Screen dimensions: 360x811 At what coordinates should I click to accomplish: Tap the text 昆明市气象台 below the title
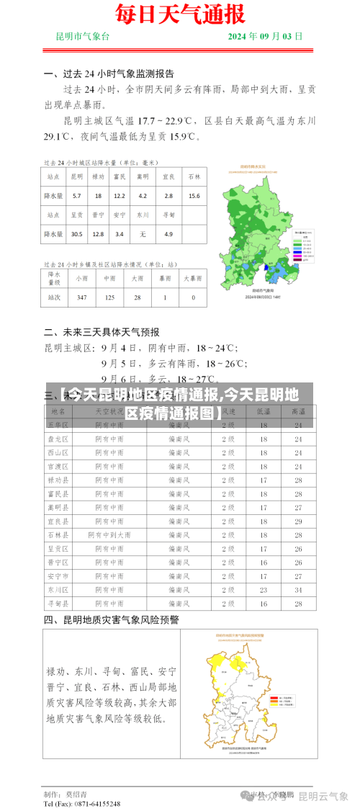click(83, 36)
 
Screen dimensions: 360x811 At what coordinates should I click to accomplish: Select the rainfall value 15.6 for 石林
click(194, 196)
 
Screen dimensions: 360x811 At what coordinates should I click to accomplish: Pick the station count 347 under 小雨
click(81, 297)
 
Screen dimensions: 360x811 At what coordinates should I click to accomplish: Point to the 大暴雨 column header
click(193, 278)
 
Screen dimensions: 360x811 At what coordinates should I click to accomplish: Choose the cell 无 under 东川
click(143, 234)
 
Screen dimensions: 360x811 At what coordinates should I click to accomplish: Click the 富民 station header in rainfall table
click(120, 176)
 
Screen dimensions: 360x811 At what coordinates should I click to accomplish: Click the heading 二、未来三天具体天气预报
click(102, 332)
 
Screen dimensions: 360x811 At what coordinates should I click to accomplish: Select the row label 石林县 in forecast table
click(58, 535)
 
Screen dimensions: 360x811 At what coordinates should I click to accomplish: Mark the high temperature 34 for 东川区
click(298, 590)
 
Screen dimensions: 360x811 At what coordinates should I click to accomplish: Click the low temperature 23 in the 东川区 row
click(264, 590)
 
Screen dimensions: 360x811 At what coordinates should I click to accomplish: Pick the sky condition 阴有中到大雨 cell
click(109, 535)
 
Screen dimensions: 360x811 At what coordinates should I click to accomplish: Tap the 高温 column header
click(298, 411)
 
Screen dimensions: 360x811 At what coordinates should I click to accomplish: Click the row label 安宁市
click(58, 576)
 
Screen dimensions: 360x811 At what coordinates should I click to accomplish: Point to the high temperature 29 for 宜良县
click(298, 521)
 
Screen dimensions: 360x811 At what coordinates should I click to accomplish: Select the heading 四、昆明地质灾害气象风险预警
click(112, 619)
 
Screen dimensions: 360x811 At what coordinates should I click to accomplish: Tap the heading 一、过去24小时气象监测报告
click(109, 73)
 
